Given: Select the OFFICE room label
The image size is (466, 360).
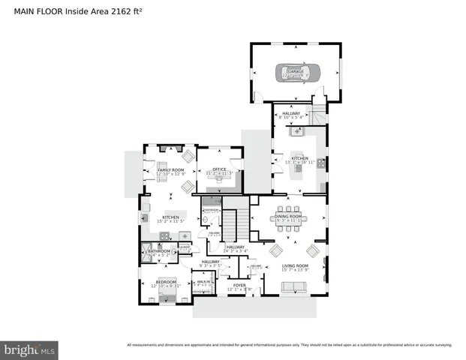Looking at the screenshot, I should (219, 170).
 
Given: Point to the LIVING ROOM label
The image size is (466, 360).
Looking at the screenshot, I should (295, 267).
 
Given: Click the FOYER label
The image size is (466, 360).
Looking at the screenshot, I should (239, 286).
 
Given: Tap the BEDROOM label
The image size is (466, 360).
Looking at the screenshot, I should (166, 283).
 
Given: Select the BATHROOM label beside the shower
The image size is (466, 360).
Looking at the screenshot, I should (159, 253).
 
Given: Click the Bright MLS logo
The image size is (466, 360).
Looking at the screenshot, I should (30, 349).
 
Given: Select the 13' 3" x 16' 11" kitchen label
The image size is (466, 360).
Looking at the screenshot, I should (300, 160).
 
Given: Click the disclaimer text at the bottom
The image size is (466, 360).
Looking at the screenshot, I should (289, 345).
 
